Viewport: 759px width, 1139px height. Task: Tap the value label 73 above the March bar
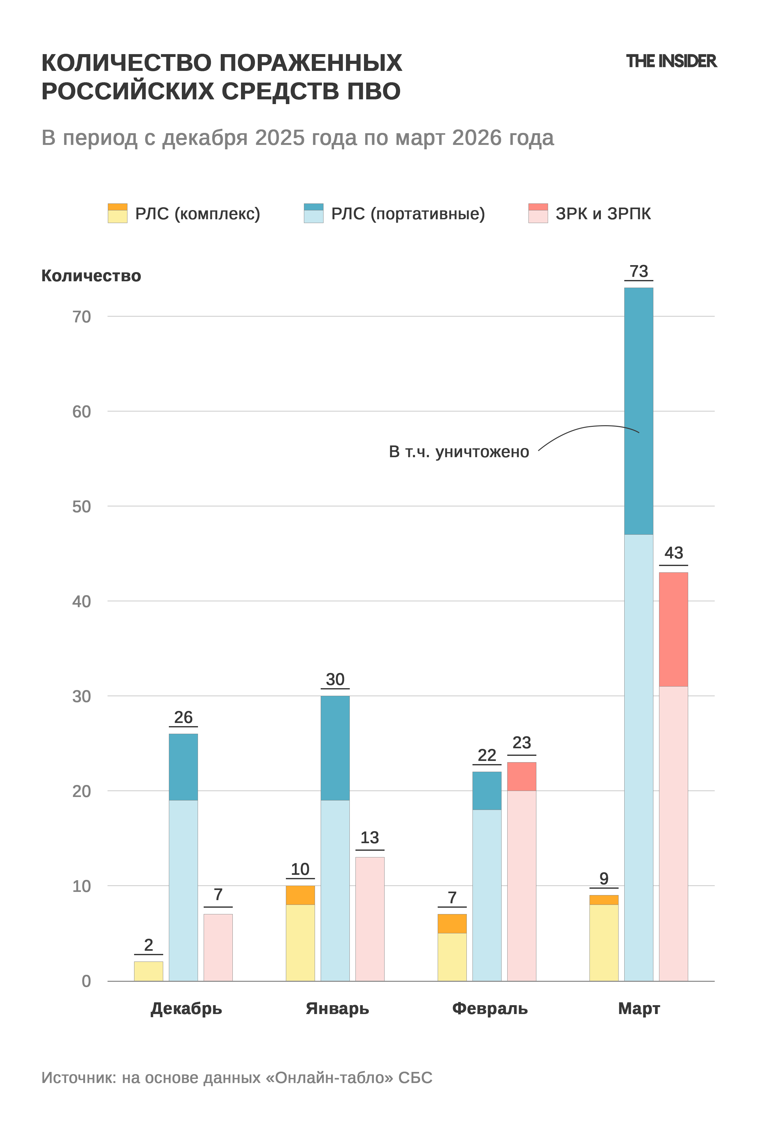tap(639, 271)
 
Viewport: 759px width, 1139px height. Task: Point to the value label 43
tap(673, 553)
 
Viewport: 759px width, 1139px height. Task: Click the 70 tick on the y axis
tap(81, 317)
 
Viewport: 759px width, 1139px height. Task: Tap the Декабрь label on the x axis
tap(186, 1008)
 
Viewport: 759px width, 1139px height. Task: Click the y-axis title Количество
tap(91, 276)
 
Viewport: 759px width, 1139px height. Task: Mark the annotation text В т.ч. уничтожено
tap(459, 452)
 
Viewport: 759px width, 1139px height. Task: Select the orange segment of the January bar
tap(300, 895)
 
